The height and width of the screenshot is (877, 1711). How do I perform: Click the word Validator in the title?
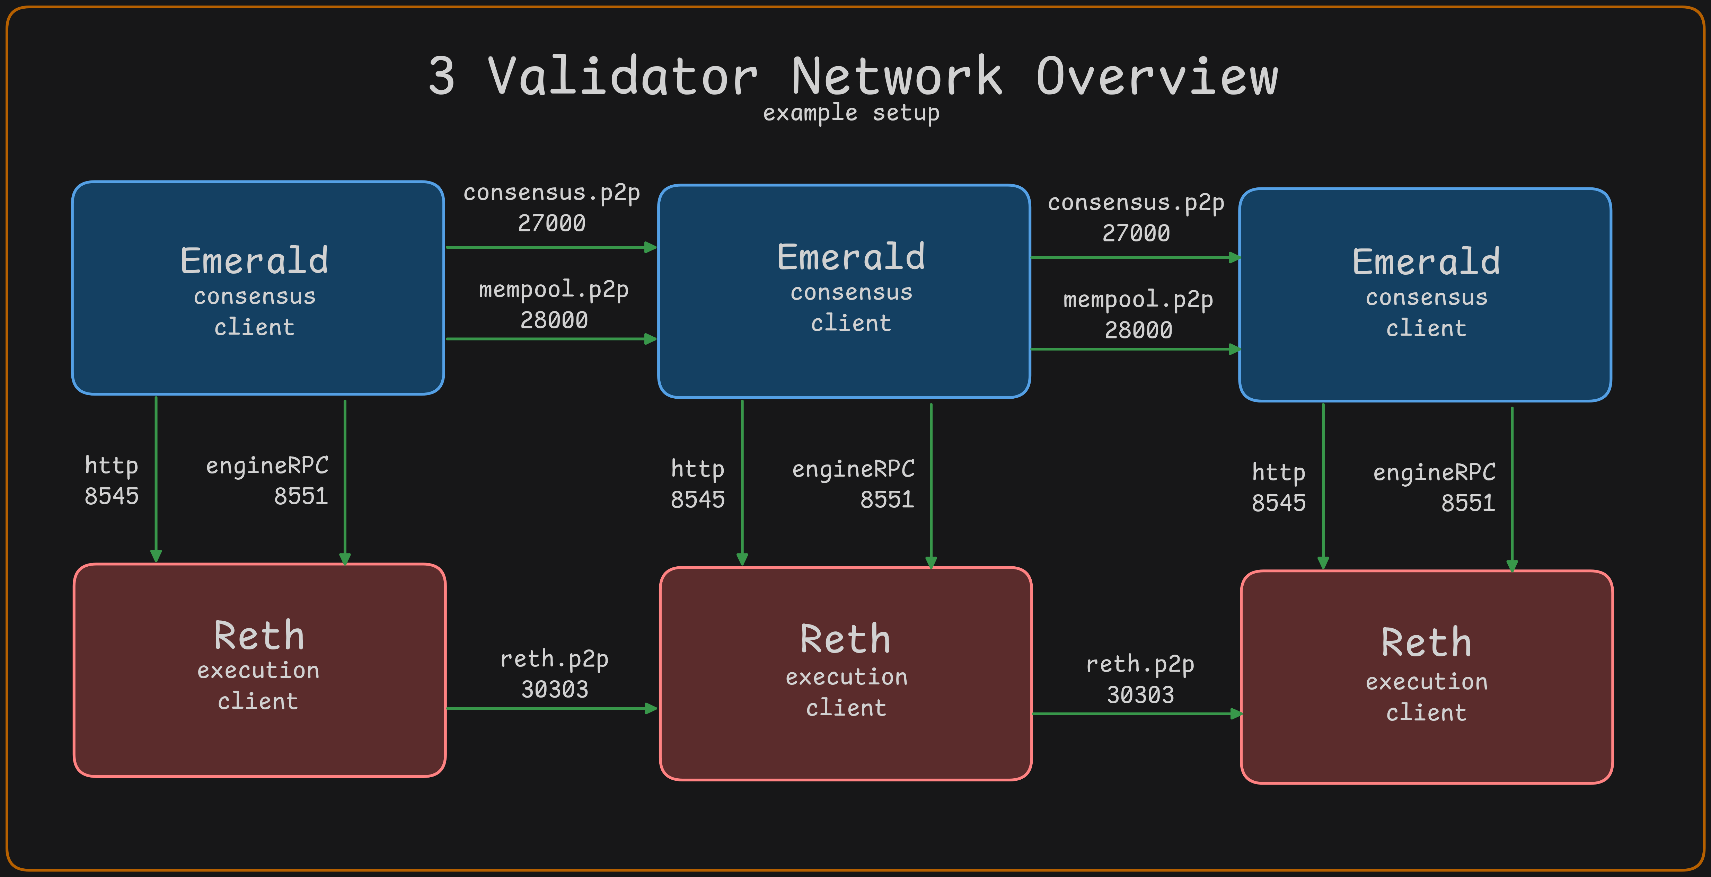[623, 76]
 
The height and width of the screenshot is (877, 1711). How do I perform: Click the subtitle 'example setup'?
[851, 113]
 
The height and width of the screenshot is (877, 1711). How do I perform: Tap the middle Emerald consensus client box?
[844, 291]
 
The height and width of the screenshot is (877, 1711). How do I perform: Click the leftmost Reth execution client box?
[259, 670]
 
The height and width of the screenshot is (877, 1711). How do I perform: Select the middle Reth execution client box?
[846, 673]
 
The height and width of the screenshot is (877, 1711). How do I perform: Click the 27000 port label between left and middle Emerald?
[551, 223]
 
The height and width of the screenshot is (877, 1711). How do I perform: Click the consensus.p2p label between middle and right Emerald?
[1136, 203]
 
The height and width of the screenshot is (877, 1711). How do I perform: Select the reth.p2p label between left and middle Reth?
[554, 659]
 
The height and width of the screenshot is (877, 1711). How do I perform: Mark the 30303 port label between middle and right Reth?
[1140, 695]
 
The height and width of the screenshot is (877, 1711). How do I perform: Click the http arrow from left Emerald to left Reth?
[156, 478]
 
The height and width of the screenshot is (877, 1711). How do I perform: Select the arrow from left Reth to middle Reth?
[551, 708]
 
